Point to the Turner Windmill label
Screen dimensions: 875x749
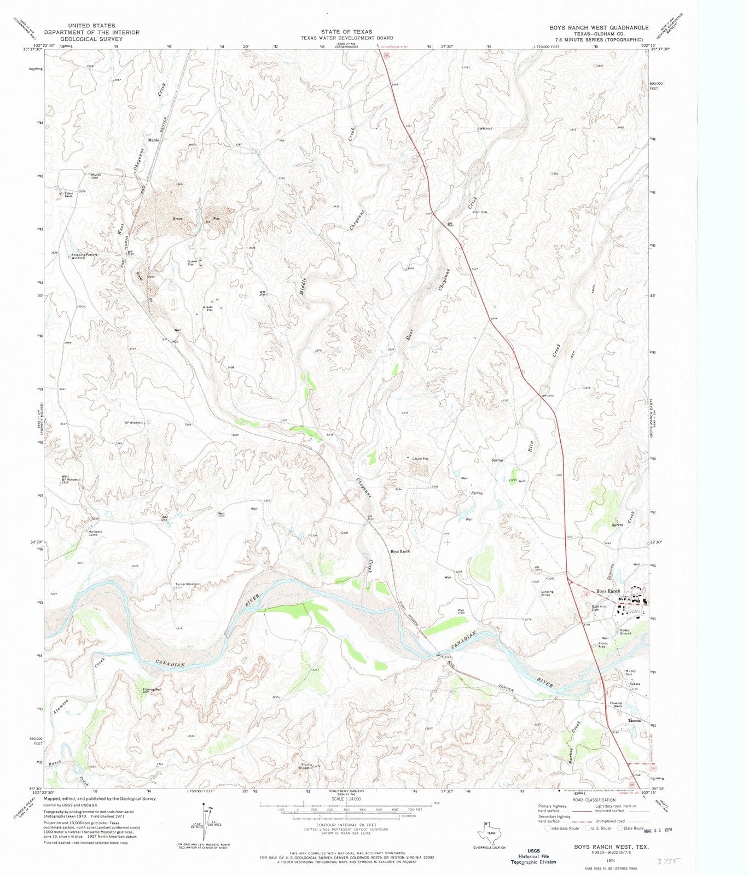click(x=187, y=584)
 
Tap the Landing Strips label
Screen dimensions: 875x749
click(x=547, y=593)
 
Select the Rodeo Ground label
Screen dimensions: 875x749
click(x=625, y=632)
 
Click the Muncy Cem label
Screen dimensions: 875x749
click(x=630, y=672)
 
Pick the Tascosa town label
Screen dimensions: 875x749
click(x=634, y=720)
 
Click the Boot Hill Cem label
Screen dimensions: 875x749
click(x=599, y=608)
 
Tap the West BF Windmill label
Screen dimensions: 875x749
click(x=71, y=479)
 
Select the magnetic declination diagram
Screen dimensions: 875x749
click(x=208, y=820)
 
